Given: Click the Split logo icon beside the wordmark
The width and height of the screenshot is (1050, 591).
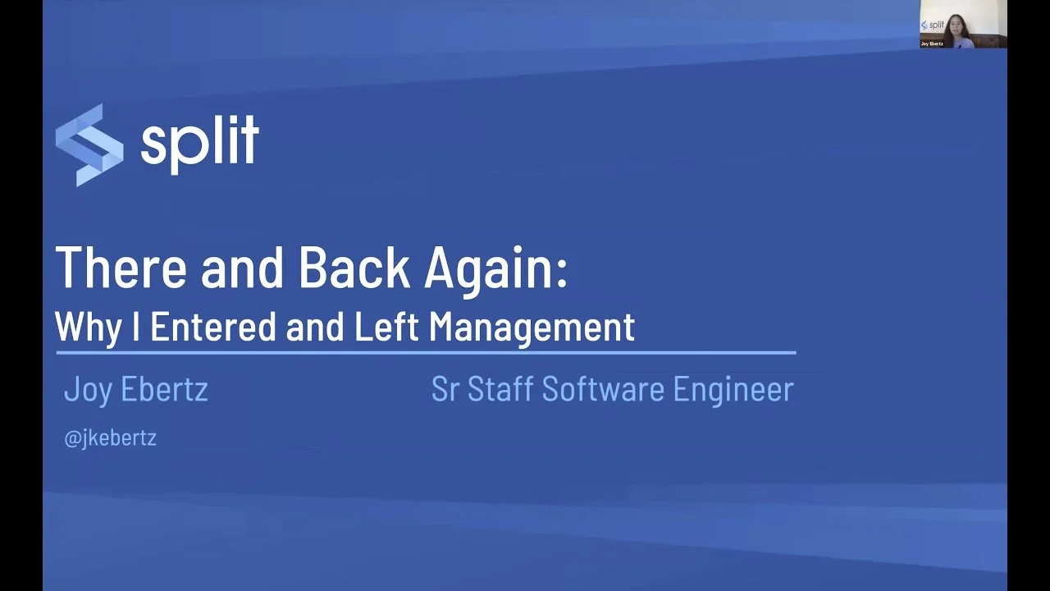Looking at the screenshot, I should [89, 144].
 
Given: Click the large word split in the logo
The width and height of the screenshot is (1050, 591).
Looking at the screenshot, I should [199, 141].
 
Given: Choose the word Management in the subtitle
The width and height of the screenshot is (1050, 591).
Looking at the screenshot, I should [532, 327].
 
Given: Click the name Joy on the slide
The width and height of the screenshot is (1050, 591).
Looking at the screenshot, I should [88, 390].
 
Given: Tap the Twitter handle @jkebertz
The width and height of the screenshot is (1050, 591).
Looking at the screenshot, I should [110, 438].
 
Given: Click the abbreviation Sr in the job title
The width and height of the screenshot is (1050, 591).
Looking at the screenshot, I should [445, 390].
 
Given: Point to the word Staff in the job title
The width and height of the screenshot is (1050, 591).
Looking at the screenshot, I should [500, 390].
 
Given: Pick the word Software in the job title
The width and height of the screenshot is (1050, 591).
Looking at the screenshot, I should [603, 390].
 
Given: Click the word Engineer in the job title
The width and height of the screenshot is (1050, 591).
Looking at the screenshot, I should [733, 390].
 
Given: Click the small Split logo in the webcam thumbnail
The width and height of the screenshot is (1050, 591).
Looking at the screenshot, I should [934, 25].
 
